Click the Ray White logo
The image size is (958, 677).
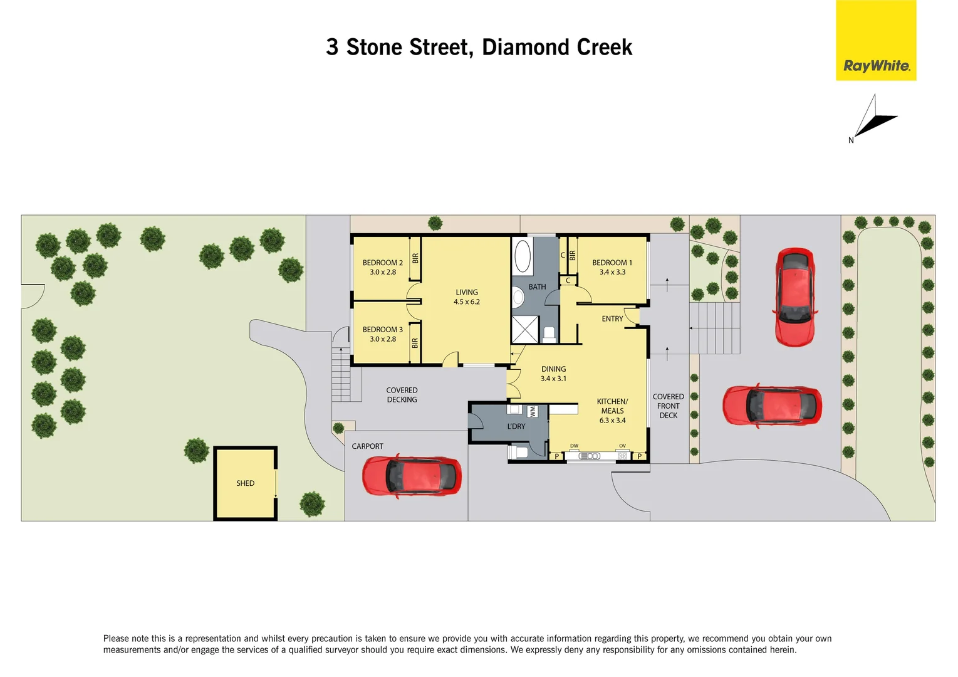[876, 41]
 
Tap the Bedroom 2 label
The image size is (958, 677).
[382, 263]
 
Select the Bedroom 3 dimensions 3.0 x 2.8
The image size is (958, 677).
[382, 339]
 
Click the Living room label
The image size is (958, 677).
[467, 292]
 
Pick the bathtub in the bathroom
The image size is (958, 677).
[523, 256]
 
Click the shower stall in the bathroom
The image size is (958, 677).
[524, 329]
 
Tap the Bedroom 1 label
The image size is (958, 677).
[612, 263]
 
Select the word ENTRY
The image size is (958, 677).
[612, 319]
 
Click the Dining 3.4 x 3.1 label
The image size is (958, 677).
[553, 374]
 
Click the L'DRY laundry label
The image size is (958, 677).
[516, 426]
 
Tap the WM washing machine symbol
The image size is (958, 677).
[533, 412]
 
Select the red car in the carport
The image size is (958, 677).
[412, 476]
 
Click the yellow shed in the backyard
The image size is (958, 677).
[245, 483]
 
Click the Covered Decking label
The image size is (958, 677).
[402, 395]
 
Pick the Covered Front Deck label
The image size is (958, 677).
[668, 406]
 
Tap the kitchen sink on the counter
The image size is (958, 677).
[590, 456]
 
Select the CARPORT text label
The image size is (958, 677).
[367, 446]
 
